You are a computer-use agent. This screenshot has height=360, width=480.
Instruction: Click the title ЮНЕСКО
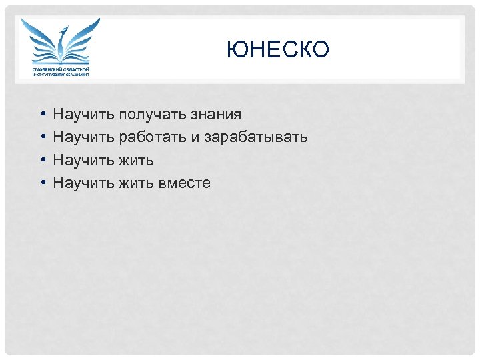tap(277, 49)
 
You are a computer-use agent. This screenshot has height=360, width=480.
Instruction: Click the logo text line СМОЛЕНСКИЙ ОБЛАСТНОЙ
tap(61, 69)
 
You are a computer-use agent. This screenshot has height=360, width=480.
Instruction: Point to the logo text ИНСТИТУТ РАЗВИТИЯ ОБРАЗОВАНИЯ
tap(61, 75)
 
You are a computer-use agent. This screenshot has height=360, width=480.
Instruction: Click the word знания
tap(216, 115)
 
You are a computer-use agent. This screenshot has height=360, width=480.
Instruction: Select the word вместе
tap(185, 183)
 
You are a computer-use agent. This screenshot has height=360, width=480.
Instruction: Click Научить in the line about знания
tap(83, 115)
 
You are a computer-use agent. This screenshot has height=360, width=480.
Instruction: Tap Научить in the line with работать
tap(83, 138)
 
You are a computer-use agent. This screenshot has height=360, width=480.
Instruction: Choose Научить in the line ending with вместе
tap(83, 183)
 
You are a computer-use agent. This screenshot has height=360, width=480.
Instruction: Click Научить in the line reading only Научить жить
tap(83, 161)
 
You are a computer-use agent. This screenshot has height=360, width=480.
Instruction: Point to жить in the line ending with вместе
tap(137, 183)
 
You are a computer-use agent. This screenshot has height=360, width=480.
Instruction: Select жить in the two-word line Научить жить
tap(137, 161)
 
